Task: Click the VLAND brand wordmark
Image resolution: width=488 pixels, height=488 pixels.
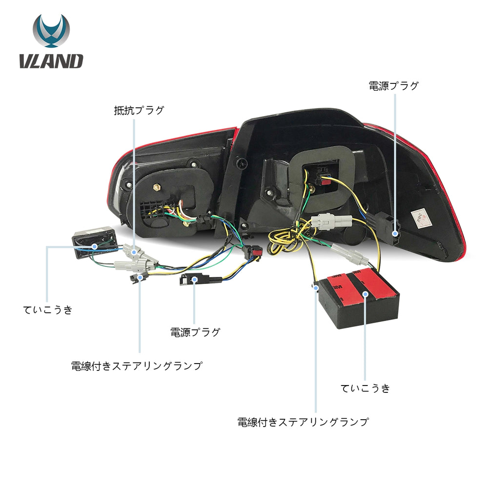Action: click(x=51, y=61)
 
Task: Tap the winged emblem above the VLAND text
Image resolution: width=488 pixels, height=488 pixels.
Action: click(x=51, y=30)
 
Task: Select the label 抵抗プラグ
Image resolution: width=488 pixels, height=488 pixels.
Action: click(x=139, y=110)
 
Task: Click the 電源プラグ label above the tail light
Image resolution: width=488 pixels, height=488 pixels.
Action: click(x=393, y=85)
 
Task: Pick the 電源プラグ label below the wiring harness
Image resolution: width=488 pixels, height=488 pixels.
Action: click(x=195, y=332)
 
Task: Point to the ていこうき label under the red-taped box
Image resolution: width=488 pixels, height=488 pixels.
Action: click(x=365, y=388)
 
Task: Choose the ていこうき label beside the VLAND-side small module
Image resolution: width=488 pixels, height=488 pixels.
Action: click(x=48, y=310)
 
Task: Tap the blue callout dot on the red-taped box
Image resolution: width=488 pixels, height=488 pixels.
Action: click(x=366, y=294)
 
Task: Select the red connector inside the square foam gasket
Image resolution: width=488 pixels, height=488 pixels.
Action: click(x=325, y=181)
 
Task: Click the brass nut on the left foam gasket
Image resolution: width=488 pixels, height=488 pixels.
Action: click(x=157, y=187)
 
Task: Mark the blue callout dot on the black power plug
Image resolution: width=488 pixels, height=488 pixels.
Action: click(x=395, y=233)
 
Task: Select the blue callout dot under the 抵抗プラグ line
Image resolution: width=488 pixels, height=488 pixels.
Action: click(x=134, y=251)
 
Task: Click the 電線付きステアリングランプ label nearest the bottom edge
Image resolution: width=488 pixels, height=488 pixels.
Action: click(x=303, y=422)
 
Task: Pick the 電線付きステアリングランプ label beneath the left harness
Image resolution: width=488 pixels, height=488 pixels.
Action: click(x=137, y=366)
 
